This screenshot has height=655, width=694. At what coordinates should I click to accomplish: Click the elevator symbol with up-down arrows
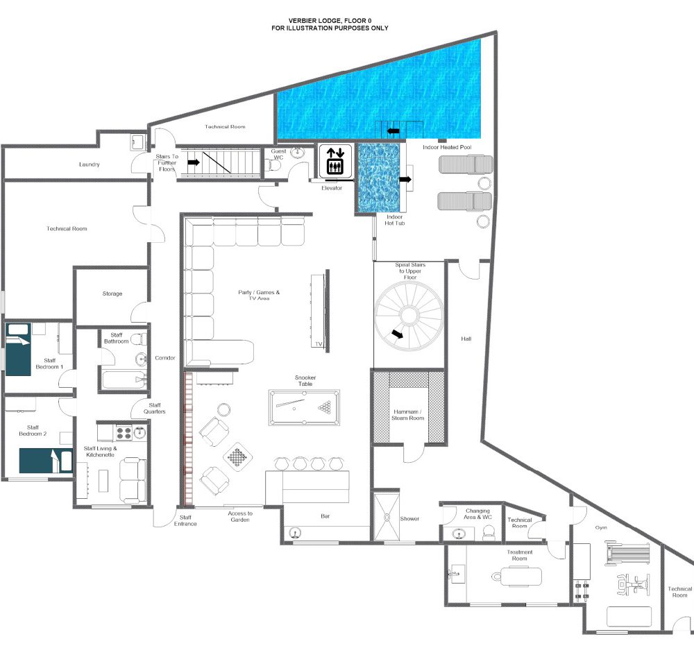point(335,161)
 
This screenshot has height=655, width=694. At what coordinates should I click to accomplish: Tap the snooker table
point(304,407)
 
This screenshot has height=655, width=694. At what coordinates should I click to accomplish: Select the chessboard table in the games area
point(238,457)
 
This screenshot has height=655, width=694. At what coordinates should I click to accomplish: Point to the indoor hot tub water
point(378,178)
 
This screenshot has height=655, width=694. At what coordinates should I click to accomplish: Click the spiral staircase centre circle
point(409,316)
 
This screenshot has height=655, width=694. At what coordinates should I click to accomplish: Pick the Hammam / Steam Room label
point(407,415)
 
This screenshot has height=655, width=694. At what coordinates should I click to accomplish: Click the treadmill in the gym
point(627,553)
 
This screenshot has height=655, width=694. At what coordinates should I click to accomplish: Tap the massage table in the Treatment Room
point(516,576)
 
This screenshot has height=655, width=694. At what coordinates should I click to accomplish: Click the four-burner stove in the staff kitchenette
point(124,432)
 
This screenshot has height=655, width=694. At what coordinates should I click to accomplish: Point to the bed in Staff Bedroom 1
point(18,349)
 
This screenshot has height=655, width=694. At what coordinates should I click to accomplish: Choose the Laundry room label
point(89,164)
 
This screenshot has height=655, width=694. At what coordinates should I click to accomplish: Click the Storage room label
point(112,294)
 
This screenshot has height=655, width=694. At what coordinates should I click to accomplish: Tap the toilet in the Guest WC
point(274,165)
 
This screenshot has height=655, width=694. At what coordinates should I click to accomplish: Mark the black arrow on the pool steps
point(393,131)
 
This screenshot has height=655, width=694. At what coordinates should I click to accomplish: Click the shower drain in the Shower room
point(387,517)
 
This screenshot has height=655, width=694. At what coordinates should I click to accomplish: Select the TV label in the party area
point(319,344)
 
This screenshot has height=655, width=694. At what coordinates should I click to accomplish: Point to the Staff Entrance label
point(185,520)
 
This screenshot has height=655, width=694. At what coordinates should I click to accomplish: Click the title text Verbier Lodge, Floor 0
point(330,20)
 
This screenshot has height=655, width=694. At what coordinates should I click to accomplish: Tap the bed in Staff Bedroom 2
point(46,461)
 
